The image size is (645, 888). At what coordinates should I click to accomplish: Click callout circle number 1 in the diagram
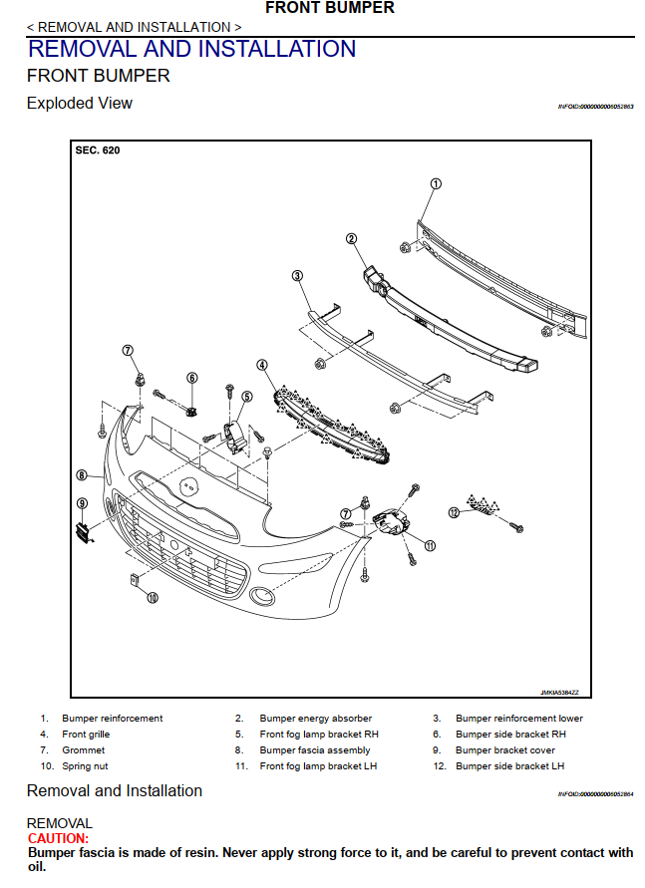(436, 183)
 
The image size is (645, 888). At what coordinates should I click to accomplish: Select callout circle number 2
(351, 238)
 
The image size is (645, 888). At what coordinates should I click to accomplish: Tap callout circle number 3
(297, 276)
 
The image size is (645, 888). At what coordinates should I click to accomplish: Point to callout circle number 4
(262, 366)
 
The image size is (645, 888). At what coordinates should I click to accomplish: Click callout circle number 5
(247, 396)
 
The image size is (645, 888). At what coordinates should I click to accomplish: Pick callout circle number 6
(192, 378)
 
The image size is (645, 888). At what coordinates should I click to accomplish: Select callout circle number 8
(82, 475)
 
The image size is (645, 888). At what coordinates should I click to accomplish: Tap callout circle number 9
(82, 503)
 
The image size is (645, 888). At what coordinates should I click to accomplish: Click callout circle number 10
(153, 598)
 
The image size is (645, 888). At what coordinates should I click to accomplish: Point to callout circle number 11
(431, 545)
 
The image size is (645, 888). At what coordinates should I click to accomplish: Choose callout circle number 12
(454, 512)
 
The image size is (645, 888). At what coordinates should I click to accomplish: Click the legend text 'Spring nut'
(85, 766)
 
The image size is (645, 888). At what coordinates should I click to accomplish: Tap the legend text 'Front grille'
(86, 735)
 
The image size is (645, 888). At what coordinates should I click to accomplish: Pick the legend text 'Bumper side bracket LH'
(509, 766)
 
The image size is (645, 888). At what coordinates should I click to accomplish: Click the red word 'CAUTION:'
(59, 839)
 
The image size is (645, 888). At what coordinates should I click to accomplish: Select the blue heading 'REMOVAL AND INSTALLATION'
(191, 49)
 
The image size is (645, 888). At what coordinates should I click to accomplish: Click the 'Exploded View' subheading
(80, 104)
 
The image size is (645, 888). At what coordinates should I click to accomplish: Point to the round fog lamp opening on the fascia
(263, 597)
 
